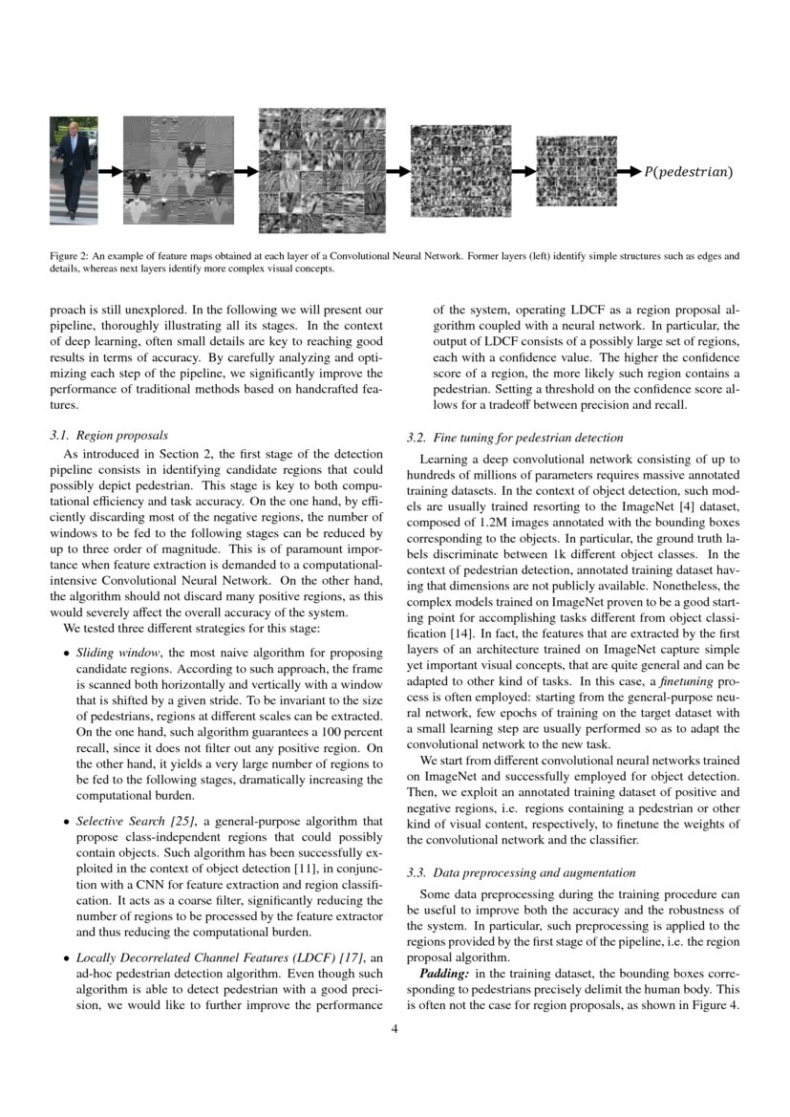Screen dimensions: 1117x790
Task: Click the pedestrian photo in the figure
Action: pyautogui.click(x=74, y=170)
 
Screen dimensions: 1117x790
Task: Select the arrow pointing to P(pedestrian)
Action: pyautogui.click(x=627, y=172)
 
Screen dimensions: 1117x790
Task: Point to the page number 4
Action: pyautogui.click(x=395, y=1029)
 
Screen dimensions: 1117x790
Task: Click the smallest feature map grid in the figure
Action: pyautogui.click(x=576, y=170)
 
